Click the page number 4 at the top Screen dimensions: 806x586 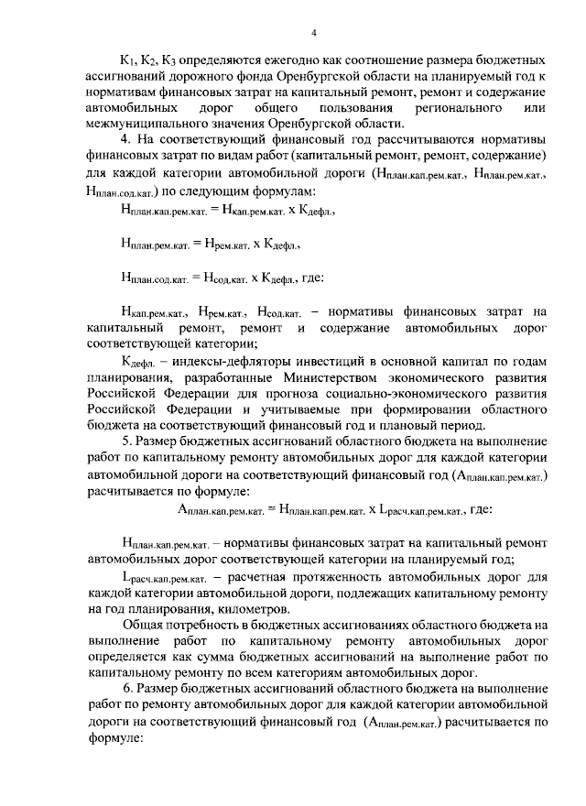(x=312, y=34)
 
